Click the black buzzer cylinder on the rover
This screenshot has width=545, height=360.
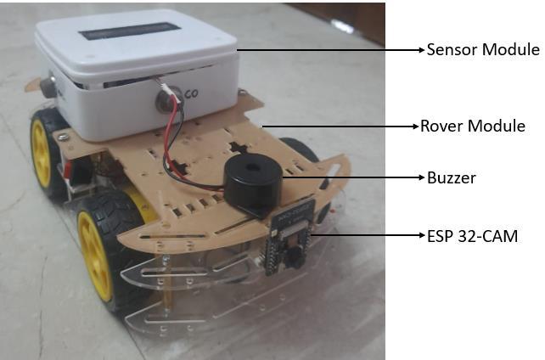pyautogui.click(x=252, y=186)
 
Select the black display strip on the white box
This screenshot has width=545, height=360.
pyautogui.click(x=132, y=32)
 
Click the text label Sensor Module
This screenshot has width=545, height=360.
pyautogui.click(x=482, y=50)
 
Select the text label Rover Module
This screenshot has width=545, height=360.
pyautogui.click(x=473, y=127)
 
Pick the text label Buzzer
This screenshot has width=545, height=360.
pyautogui.click(x=451, y=178)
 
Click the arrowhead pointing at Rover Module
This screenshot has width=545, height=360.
pyautogui.click(x=415, y=127)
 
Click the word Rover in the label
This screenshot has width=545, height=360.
pyautogui.click(x=442, y=127)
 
